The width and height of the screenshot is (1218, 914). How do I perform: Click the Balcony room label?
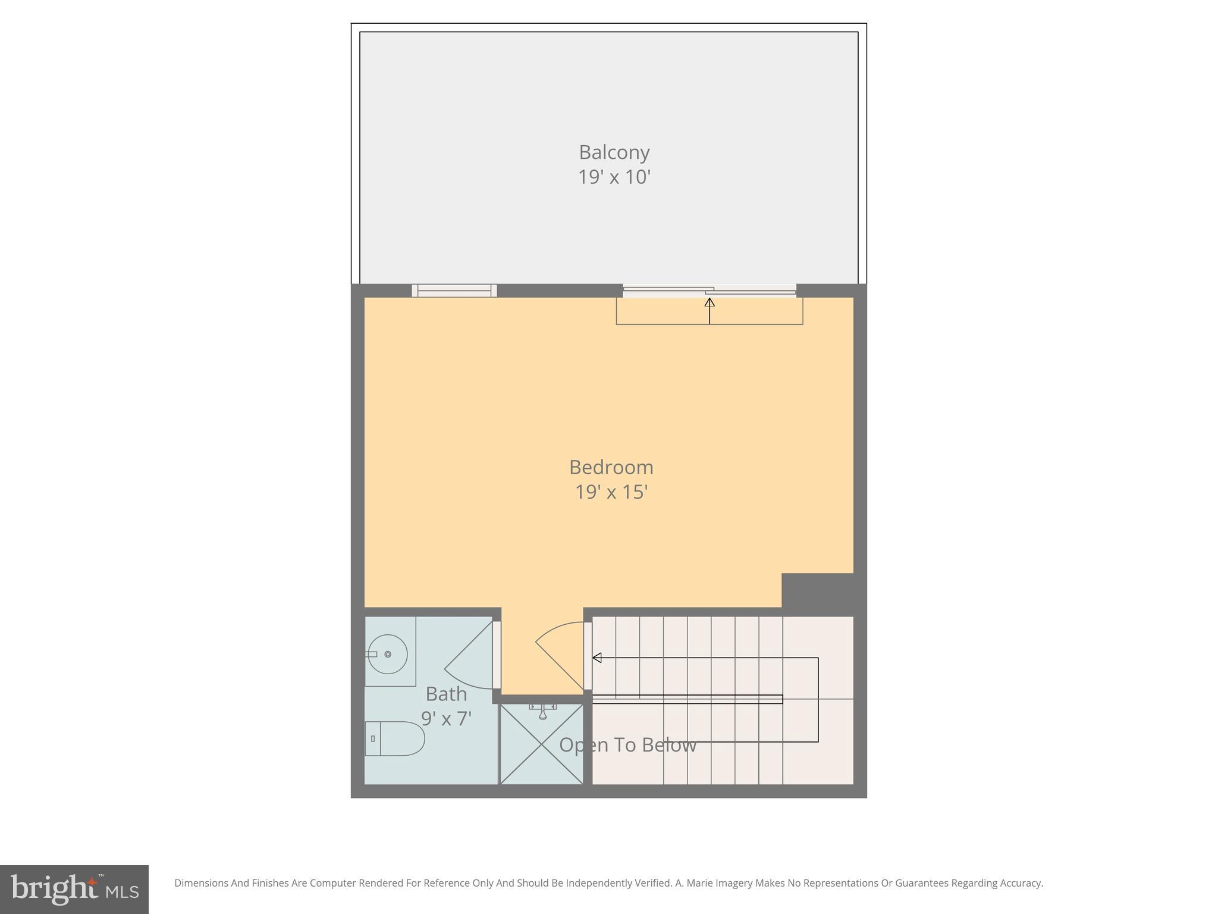pos(614,152)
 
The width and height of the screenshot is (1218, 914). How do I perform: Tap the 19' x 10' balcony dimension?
pos(614,177)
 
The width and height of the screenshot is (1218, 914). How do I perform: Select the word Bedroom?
pos(611,467)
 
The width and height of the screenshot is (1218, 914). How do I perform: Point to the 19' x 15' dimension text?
pos(611,492)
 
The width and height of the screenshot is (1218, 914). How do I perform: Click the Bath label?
pos(446,694)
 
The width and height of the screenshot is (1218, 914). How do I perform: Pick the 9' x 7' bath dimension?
pos(446,719)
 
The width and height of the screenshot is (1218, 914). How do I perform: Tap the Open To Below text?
pos(627,745)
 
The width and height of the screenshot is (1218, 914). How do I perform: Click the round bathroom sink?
pos(387,654)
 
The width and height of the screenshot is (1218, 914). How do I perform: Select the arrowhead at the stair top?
pos(597,658)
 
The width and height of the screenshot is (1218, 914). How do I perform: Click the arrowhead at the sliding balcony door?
pos(710,302)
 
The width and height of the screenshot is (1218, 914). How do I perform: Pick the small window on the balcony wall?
pos(454,290)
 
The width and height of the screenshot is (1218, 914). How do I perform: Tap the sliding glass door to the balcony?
pos(709,290)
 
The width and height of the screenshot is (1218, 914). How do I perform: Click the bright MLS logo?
pos(74,889)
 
